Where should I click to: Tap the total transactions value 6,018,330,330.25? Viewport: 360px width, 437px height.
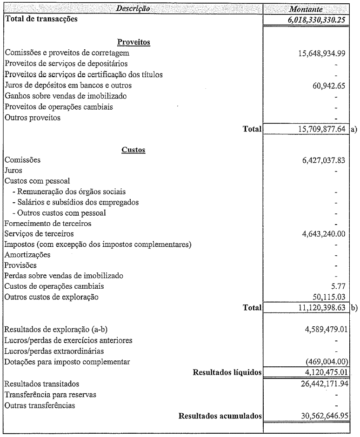316,20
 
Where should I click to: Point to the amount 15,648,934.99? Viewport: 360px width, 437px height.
321,53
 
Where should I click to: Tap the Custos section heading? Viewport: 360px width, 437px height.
133,150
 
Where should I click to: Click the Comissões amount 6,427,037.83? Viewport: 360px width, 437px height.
323,160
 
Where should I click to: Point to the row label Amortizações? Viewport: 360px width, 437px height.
27,254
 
